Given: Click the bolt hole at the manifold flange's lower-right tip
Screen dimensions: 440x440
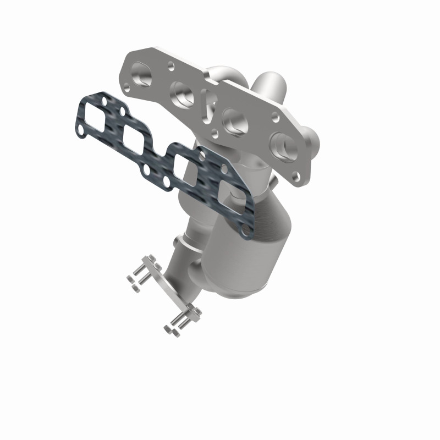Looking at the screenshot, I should [297, 177].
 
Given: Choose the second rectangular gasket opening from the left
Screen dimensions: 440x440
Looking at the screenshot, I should [134, 141].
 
